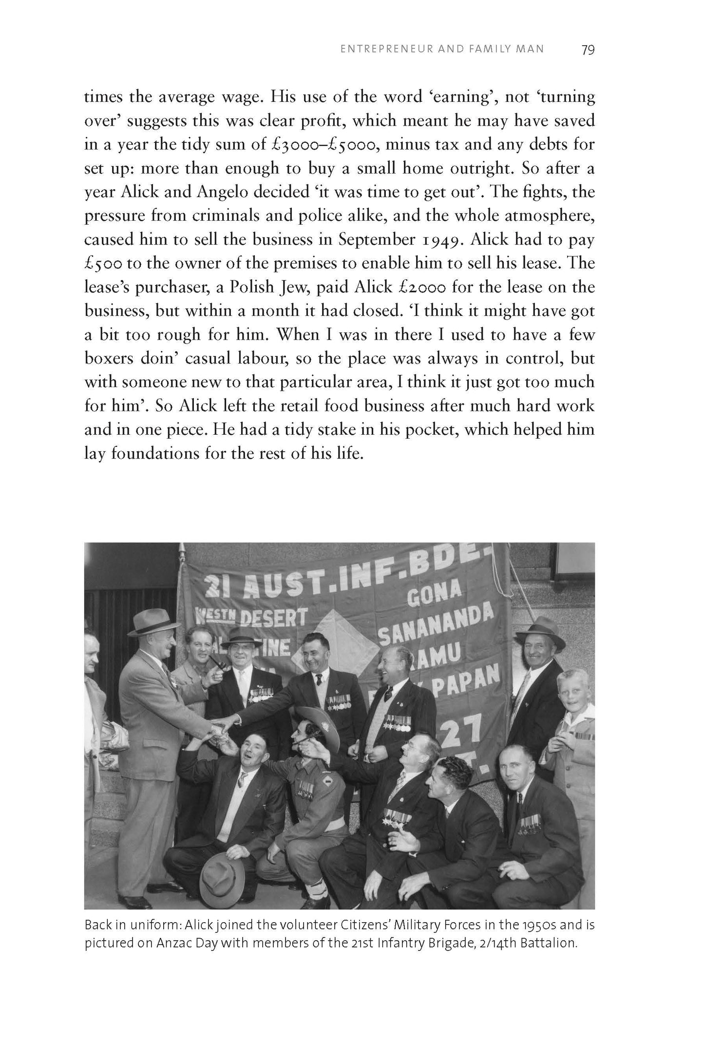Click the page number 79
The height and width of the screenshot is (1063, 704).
point(588,50)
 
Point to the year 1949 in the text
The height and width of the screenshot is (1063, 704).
point(437,240)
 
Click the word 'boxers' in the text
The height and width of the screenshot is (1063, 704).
point(107,359)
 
